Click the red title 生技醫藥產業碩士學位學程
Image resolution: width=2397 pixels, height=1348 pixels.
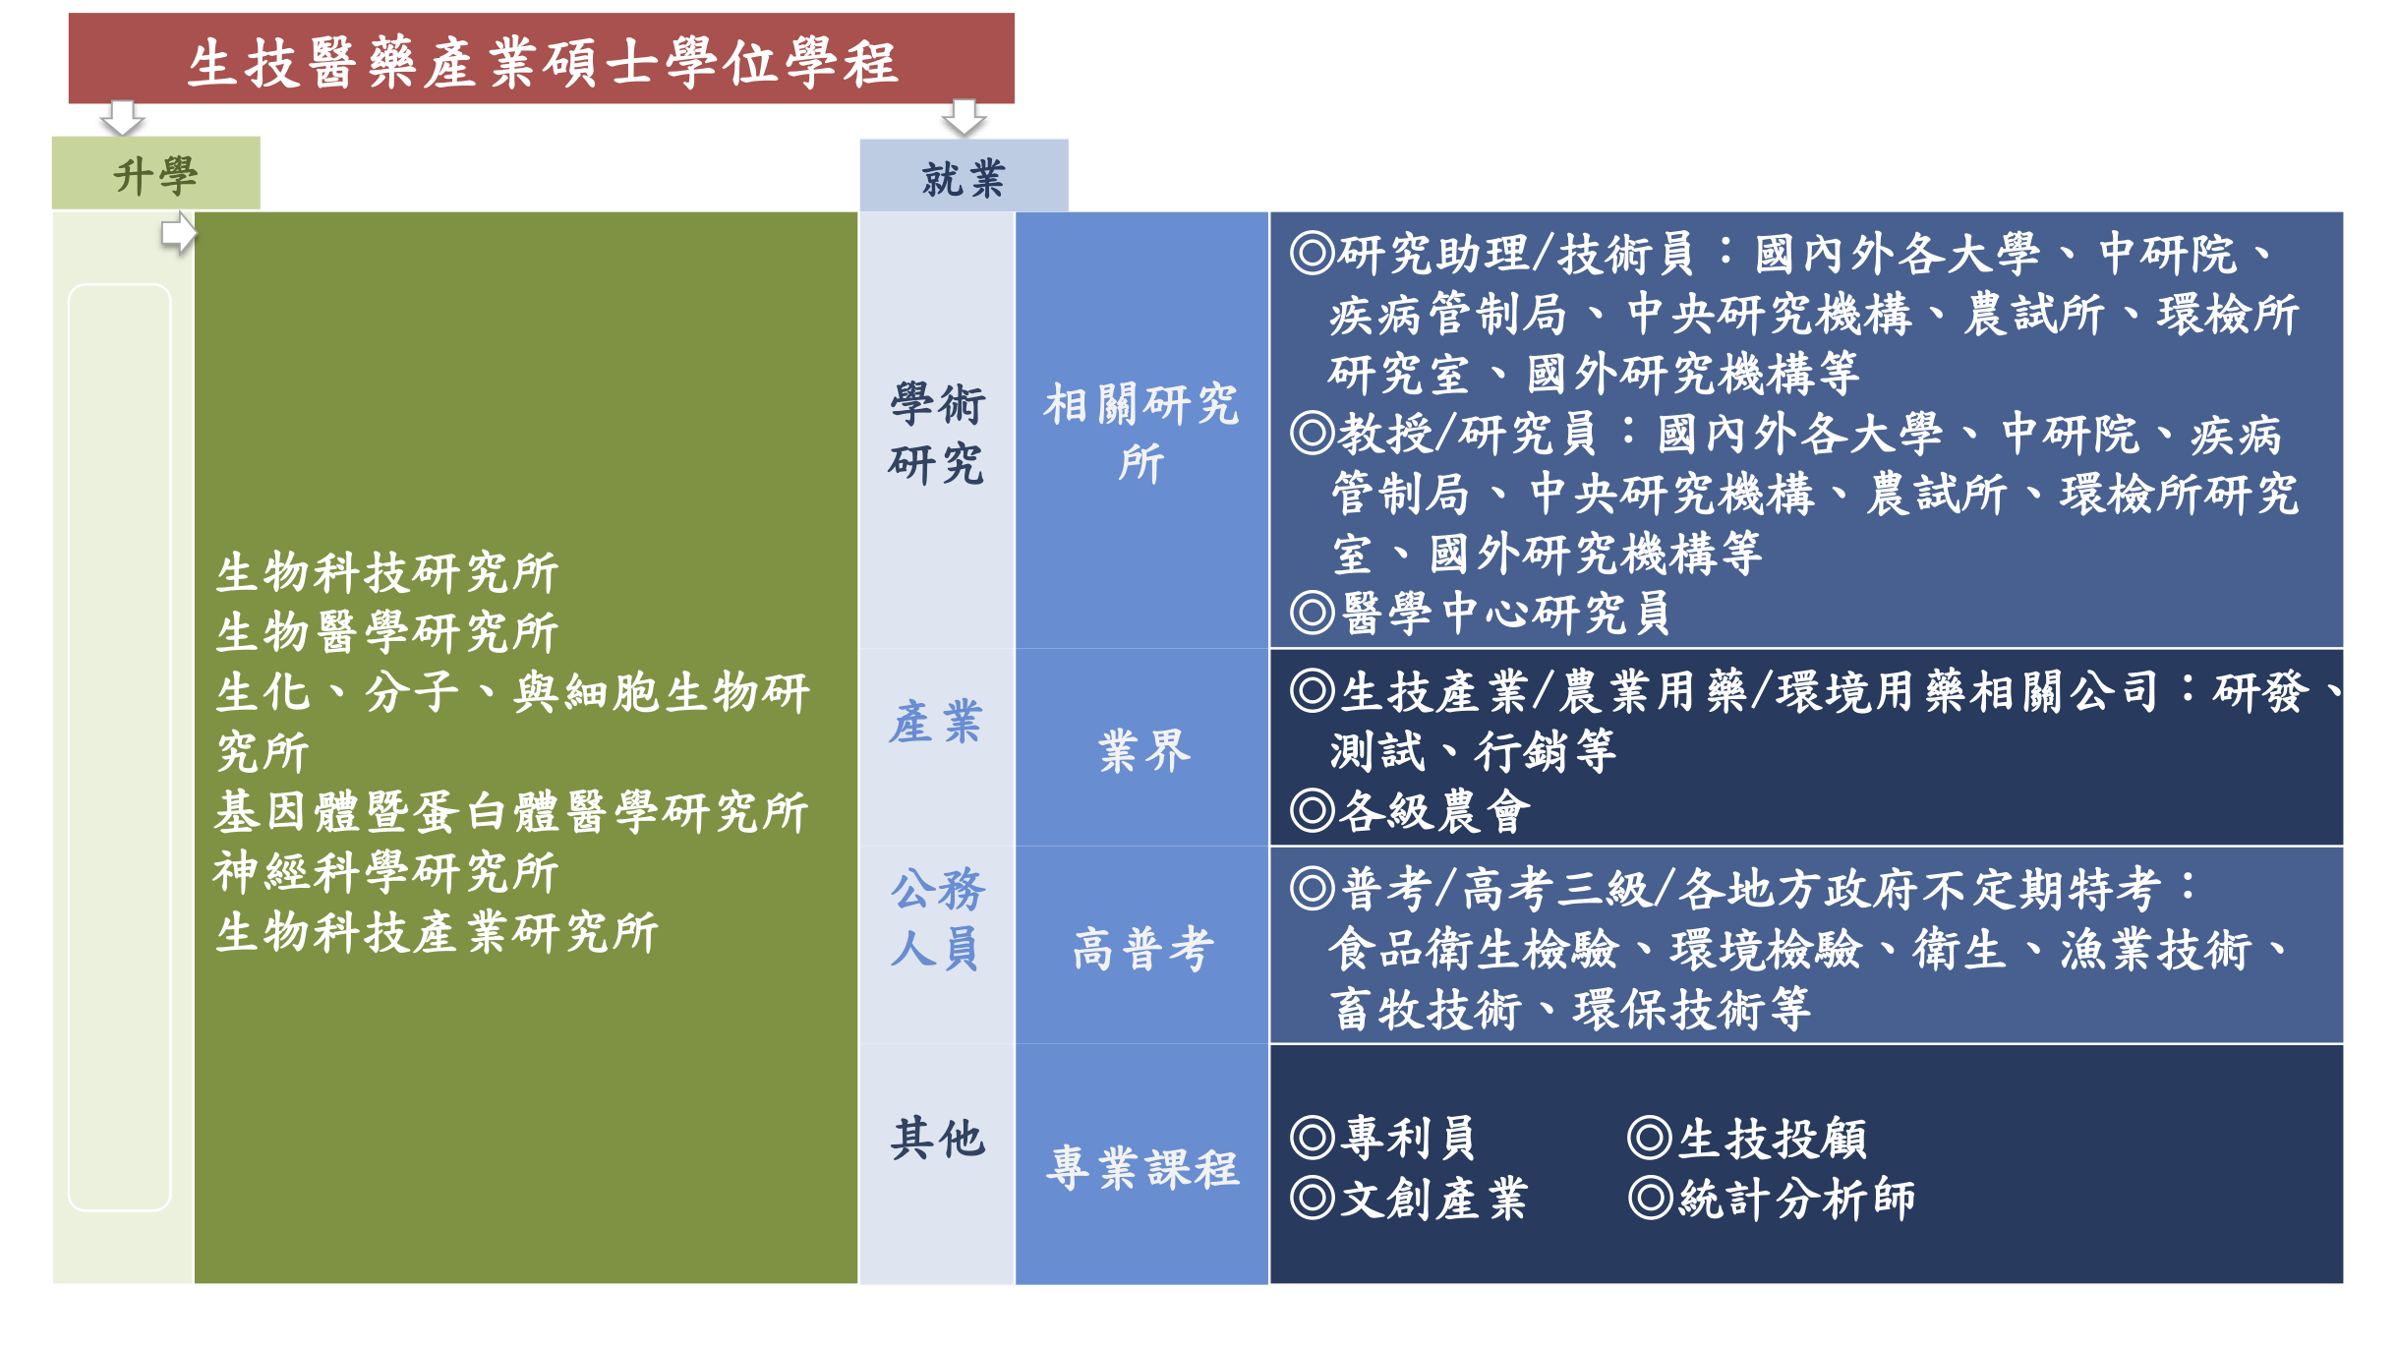coord(542,63)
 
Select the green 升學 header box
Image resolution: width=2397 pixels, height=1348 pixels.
coord(156,173)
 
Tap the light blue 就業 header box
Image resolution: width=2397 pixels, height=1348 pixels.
coord(964,176)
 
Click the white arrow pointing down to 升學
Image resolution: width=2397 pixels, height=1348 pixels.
coord(123,118)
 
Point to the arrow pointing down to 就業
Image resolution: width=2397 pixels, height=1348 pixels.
coord(964,118)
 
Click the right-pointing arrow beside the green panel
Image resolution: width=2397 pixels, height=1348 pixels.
coord(179,234)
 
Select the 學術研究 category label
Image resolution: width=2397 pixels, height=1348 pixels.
coord(937,434)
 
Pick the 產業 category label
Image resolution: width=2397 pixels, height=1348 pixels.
coord(936,723)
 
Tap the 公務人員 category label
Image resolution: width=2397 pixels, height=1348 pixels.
coord(937,919)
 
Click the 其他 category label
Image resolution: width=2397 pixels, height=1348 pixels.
coord(937,1139)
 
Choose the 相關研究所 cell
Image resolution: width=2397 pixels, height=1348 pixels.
coord(1141,433)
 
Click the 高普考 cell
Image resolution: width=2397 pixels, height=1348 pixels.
coord(1143,950)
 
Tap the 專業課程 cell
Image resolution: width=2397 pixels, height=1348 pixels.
coord(1142,1169)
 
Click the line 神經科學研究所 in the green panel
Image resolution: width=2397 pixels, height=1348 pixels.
coord(386,872)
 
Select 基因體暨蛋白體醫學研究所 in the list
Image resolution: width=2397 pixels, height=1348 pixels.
coord(511,812)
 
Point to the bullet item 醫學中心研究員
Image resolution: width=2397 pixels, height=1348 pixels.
coord(1481,613)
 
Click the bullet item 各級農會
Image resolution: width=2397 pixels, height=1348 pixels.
coord(1411,811)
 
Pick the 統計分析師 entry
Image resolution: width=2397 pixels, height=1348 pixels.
coord(1773,1199)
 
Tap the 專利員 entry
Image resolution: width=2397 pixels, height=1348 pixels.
coord(1384,1139)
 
